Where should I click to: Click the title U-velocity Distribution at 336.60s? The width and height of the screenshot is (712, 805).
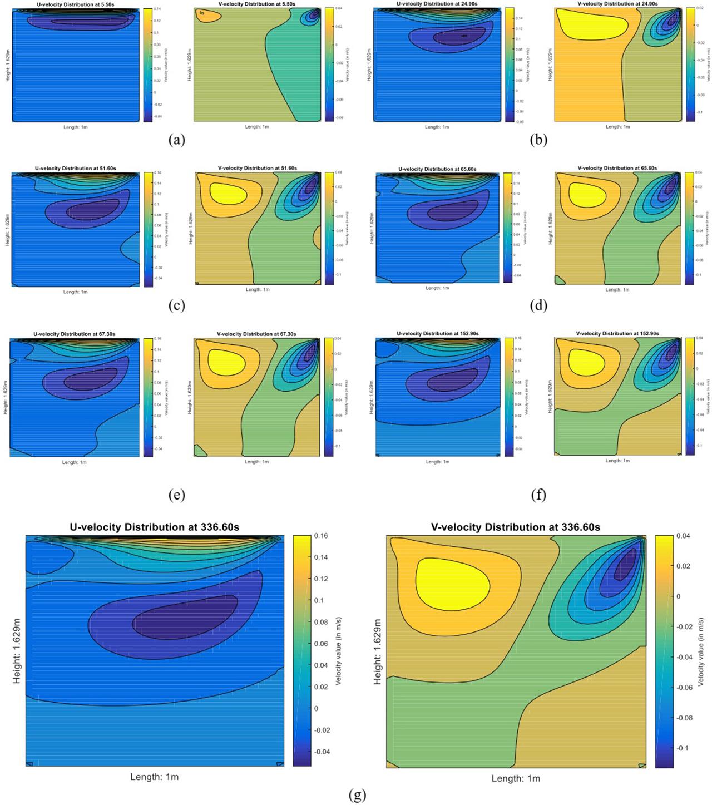pyautogui.click(x=154, y=527)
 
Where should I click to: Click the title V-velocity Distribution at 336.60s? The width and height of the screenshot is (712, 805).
pyautogui.click(x=515, y=527)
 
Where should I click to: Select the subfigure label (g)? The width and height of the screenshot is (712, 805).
pyautogui.click(x=357, y=795)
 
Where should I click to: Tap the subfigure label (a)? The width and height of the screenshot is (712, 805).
pyautogui.click(x=176, y=140)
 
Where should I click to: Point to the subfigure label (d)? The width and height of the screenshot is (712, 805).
pyautogui.click(x=538, y=305)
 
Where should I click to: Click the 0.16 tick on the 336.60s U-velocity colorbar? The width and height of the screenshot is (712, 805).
pyautogui.click(x=320, y=536)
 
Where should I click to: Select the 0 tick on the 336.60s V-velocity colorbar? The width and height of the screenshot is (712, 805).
pyautogui.click(x=678, y=596)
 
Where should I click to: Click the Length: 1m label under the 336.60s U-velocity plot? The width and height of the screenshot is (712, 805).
pyautogui.click(x=154, y=777)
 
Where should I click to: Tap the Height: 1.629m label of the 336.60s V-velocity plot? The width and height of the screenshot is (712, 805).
pyautogui.click(x=378, y=651)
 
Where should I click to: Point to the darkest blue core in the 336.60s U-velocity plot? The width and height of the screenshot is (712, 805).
pyautogui.click(x=184, y=618)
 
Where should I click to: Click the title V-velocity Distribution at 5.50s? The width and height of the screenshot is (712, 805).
pyautogui.click(x=256, y=4)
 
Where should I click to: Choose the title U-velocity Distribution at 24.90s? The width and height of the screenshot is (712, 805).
pyautogui.click(x=437, y=4)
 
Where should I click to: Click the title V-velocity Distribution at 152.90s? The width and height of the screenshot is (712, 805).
pyautogui.click(x=617, y=333)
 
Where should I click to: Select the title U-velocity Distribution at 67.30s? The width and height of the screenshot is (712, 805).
pyautogui.click(x=74, y=334)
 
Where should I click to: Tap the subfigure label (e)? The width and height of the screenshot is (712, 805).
pyautogui.click(x=176, y=495)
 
